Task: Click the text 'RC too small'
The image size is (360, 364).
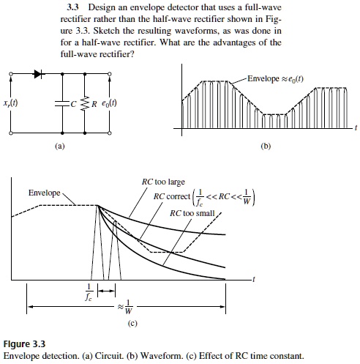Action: coord(192,213)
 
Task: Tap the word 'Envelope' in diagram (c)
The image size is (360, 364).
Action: coord(44,193)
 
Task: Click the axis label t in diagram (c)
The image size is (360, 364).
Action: coord(253,279)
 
